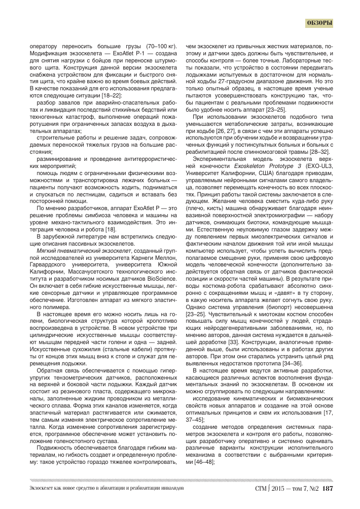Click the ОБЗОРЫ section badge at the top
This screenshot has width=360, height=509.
tap(319, 23)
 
